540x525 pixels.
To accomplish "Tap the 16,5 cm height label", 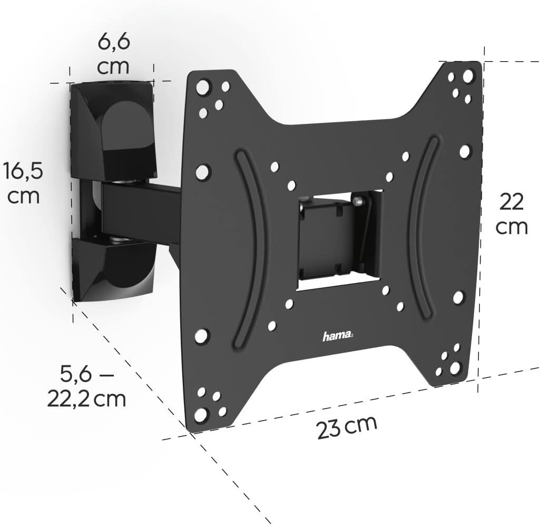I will (x=22, y=183).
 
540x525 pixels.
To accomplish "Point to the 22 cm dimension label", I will (x=510, y=214).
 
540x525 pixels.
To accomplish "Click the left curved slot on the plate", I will (x=246, y=248).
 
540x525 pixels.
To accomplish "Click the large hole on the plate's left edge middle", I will (x=203, y=171).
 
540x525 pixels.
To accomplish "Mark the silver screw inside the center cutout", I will (x=359, y=200).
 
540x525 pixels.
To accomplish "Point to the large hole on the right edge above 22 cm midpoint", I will (x=465, y=152).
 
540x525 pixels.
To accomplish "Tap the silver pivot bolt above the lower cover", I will (x=121, y=240).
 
